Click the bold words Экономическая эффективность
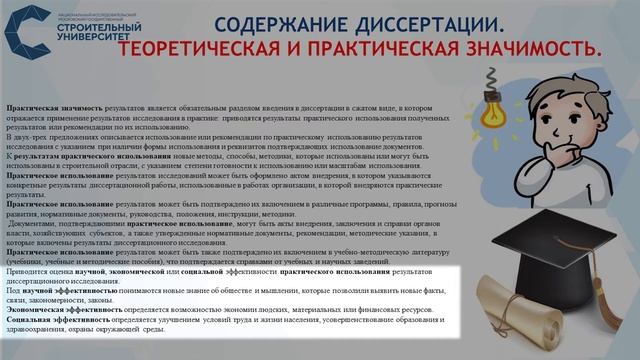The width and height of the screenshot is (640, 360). tap(55, 310)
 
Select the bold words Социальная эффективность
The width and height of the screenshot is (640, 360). tap(50, 320)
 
